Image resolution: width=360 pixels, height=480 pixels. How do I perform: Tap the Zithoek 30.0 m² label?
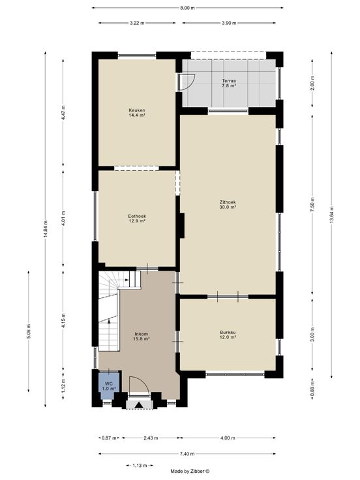point(228,205)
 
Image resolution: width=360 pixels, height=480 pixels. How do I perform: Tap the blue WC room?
point(109,385)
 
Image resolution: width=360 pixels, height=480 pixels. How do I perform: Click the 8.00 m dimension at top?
point(187,8)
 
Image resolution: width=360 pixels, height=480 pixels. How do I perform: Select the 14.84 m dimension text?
point(45,229)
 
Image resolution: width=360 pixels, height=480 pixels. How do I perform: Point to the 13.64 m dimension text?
point(331,215)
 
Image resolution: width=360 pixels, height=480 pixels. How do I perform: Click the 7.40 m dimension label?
point(187,454)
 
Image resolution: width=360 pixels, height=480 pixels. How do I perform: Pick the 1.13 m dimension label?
point(140,466)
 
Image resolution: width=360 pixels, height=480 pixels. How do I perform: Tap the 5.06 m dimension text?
point(29,331)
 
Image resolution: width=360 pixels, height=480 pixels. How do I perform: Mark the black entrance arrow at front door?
point(140,405)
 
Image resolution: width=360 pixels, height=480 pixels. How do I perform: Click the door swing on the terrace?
point(188,82)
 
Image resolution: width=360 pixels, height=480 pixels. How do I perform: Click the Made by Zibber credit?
point(190,472)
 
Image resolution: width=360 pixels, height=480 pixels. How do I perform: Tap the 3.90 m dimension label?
point(229,23)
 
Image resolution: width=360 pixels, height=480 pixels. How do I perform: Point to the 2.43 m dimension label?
point(151,438)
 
